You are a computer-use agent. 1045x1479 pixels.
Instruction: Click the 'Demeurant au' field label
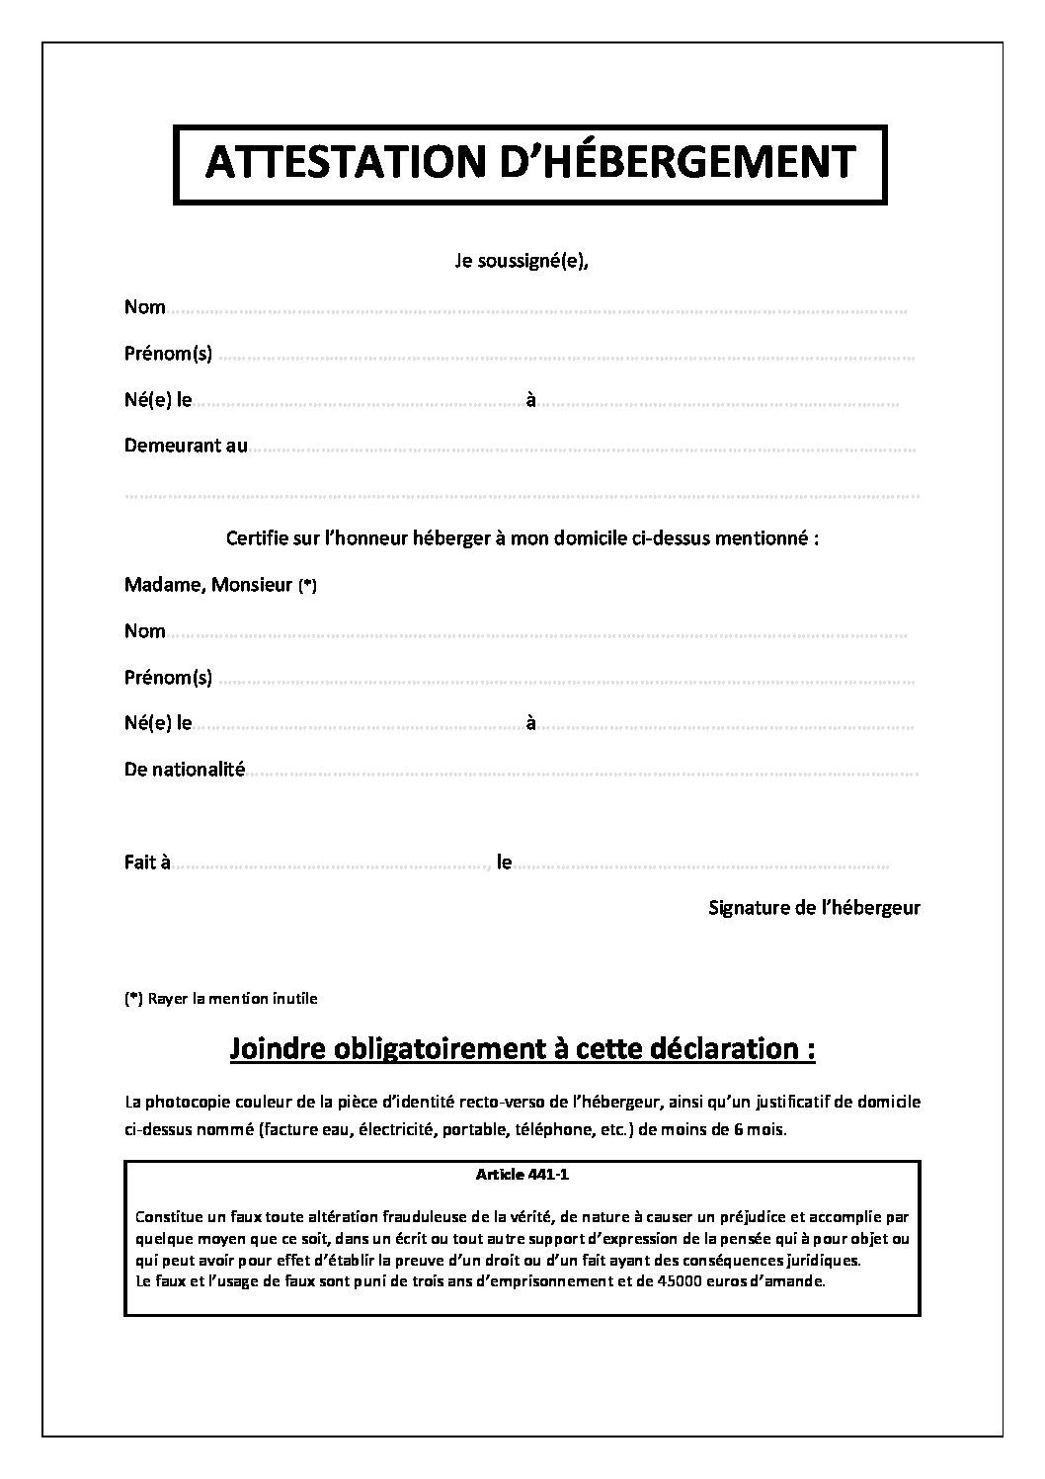pyautogui.click(x=186, y=446)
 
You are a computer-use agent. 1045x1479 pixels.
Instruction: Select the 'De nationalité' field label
pyautogui.click(x=184, y=769)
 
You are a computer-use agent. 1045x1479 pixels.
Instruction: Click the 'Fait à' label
pyautogui.click(x=147, y=863)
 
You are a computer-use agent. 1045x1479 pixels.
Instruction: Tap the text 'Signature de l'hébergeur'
pyautogui.click(x=814, y=907)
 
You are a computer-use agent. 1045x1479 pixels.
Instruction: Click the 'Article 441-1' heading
pyautogui.click(x=522, y=1175)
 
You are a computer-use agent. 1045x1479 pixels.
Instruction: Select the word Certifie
pyautogui.click(x=259, y=538)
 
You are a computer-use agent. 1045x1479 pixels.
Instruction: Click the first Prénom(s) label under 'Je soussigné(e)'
pyautogui.click(x=168, y=353)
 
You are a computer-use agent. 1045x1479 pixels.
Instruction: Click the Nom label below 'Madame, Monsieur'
pyautogui.click(x=145, y=631)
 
